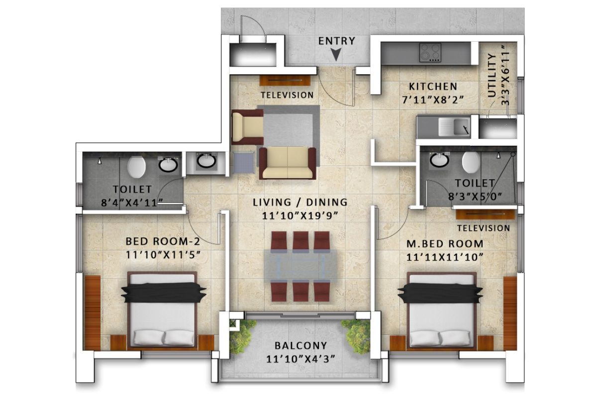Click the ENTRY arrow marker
[x=336, y=54]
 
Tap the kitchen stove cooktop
[x=430, y=53]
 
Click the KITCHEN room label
[x=433, y=87]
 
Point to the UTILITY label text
[x=492, y=75]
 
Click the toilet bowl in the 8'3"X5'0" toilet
[x=471, y=162]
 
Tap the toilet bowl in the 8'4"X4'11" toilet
[x=136, y=167]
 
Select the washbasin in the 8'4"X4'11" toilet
[x=168, y=165]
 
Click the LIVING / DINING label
[x=300, y=202]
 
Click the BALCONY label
[x=301, y=346]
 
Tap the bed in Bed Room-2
[x=163, y=310]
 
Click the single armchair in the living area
[x=247, y=127]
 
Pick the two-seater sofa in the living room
[x=288, y=163]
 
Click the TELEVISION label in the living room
[x=288, y=95]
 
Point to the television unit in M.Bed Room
[x=486, y=214]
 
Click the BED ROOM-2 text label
[x=163, y=241]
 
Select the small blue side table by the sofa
[x=244, y=162]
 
